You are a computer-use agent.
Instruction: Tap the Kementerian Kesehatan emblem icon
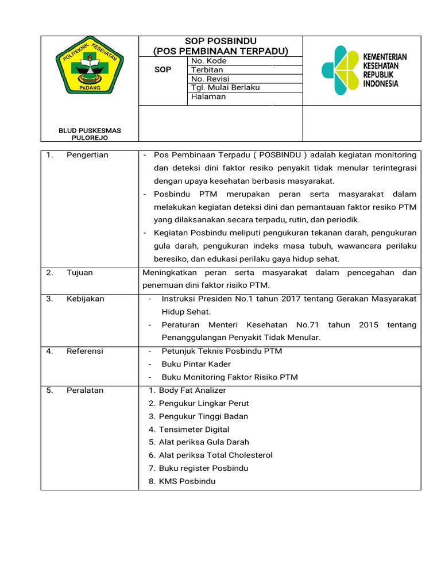coord(339,70)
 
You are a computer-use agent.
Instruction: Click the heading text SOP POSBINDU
coord(220,41)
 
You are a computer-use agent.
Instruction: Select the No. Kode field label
coord(208,61)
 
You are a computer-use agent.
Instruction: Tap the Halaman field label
coord(208,96)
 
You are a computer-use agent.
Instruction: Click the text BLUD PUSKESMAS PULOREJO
coord(90,134)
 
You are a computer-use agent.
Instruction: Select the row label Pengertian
coord(87,155)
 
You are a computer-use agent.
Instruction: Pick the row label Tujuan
coord(79,273)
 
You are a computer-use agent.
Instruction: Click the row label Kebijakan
coord(85,299)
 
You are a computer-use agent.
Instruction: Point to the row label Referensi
coord(85,351)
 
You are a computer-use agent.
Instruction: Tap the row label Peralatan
coord(85,390)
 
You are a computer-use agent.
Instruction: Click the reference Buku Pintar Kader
coord(196,364)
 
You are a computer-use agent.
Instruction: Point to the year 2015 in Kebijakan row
coord(368,325)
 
